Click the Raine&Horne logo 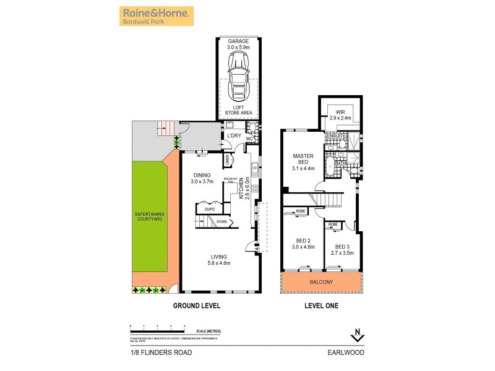coord(156,16)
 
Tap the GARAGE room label coord(238,43)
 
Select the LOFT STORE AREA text coord(238,110)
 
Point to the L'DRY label coord(234,135)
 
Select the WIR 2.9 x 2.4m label coord(339,114)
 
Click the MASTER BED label coord(303,160)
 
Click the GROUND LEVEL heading coord(196,305)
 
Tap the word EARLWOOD coord(346,352)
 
